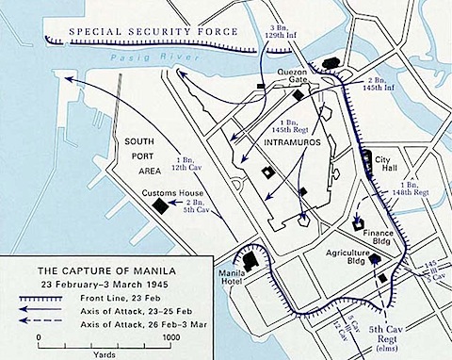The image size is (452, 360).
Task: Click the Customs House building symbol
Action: pyautogui.click(x=162, y=205)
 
